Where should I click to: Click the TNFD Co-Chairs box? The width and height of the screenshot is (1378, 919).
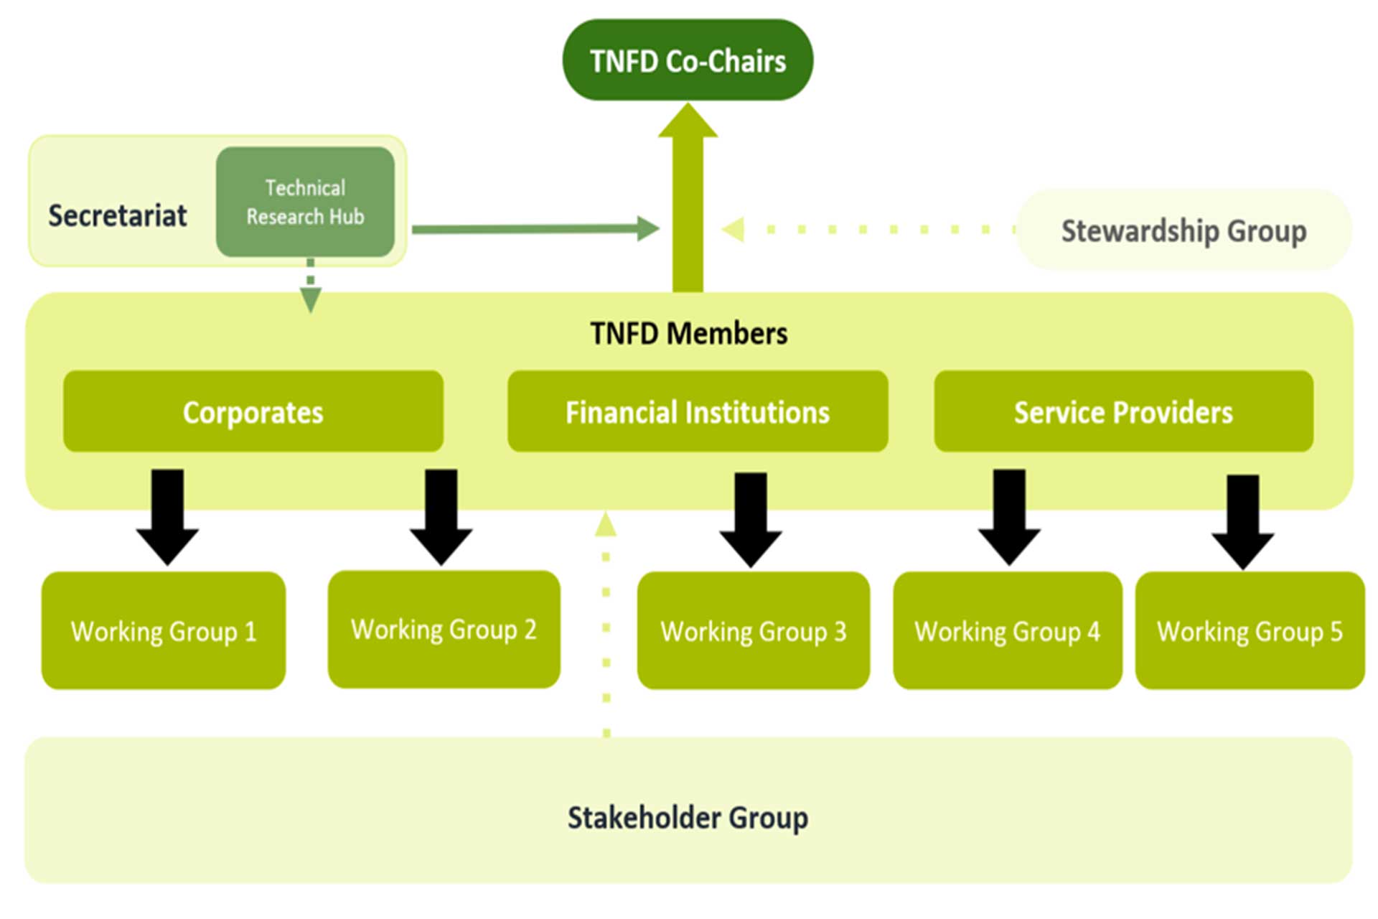[687, 60]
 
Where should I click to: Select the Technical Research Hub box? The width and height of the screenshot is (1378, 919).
[305, 202]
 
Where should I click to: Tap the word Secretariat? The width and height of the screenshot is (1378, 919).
[118, 215]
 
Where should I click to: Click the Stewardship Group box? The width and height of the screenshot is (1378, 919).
[1184, 230]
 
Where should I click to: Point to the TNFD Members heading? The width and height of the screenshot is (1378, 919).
[688, 334]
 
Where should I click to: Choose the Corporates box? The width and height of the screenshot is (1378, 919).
[253, 411]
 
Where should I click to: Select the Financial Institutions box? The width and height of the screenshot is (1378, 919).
[697, 411]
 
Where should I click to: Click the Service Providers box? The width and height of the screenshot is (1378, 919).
[1123, 411]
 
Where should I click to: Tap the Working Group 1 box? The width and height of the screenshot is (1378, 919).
[164, 630]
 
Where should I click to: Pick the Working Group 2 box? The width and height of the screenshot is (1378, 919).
[444, 629]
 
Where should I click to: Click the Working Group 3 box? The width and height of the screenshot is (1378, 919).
[753, 630]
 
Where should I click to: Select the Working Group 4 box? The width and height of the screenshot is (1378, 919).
[1007, 630]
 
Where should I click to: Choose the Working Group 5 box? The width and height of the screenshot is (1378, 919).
[1250, 630]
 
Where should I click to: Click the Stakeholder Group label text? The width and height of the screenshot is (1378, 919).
[688, 817]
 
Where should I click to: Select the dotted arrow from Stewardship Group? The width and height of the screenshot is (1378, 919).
[861, 230]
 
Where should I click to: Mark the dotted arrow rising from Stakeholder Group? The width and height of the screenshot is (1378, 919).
[606, 625]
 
